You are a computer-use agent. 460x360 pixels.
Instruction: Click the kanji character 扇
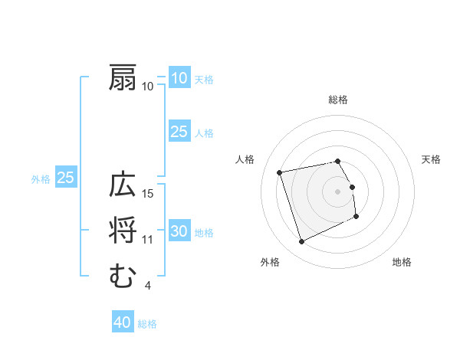point(123,78)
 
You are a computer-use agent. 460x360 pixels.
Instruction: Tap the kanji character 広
point(123,185)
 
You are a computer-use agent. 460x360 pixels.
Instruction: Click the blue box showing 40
point(123,322)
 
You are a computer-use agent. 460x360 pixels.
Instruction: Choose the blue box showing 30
point(179,232)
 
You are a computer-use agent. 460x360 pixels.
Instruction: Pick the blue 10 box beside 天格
point(179,78)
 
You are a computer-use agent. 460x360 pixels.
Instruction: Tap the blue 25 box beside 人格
point(179,132)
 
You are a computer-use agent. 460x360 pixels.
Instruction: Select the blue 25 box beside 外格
point(66,178)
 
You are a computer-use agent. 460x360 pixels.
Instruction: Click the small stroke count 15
point(148,193)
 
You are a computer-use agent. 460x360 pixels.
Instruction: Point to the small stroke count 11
point(148,240)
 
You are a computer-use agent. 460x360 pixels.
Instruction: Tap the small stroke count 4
point(147,286)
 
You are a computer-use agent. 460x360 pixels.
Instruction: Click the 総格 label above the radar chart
point(338,100)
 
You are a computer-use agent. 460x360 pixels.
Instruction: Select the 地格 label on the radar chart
point(402,262)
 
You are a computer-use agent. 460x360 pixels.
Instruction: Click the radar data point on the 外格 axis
point(301,242)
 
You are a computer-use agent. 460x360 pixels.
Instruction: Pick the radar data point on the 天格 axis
point(352,186)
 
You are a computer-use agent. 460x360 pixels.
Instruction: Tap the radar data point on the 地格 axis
point(356,217)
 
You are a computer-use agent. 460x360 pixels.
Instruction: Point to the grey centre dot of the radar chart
point(338,191)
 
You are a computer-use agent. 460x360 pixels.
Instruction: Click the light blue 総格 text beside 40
point(147,324)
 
